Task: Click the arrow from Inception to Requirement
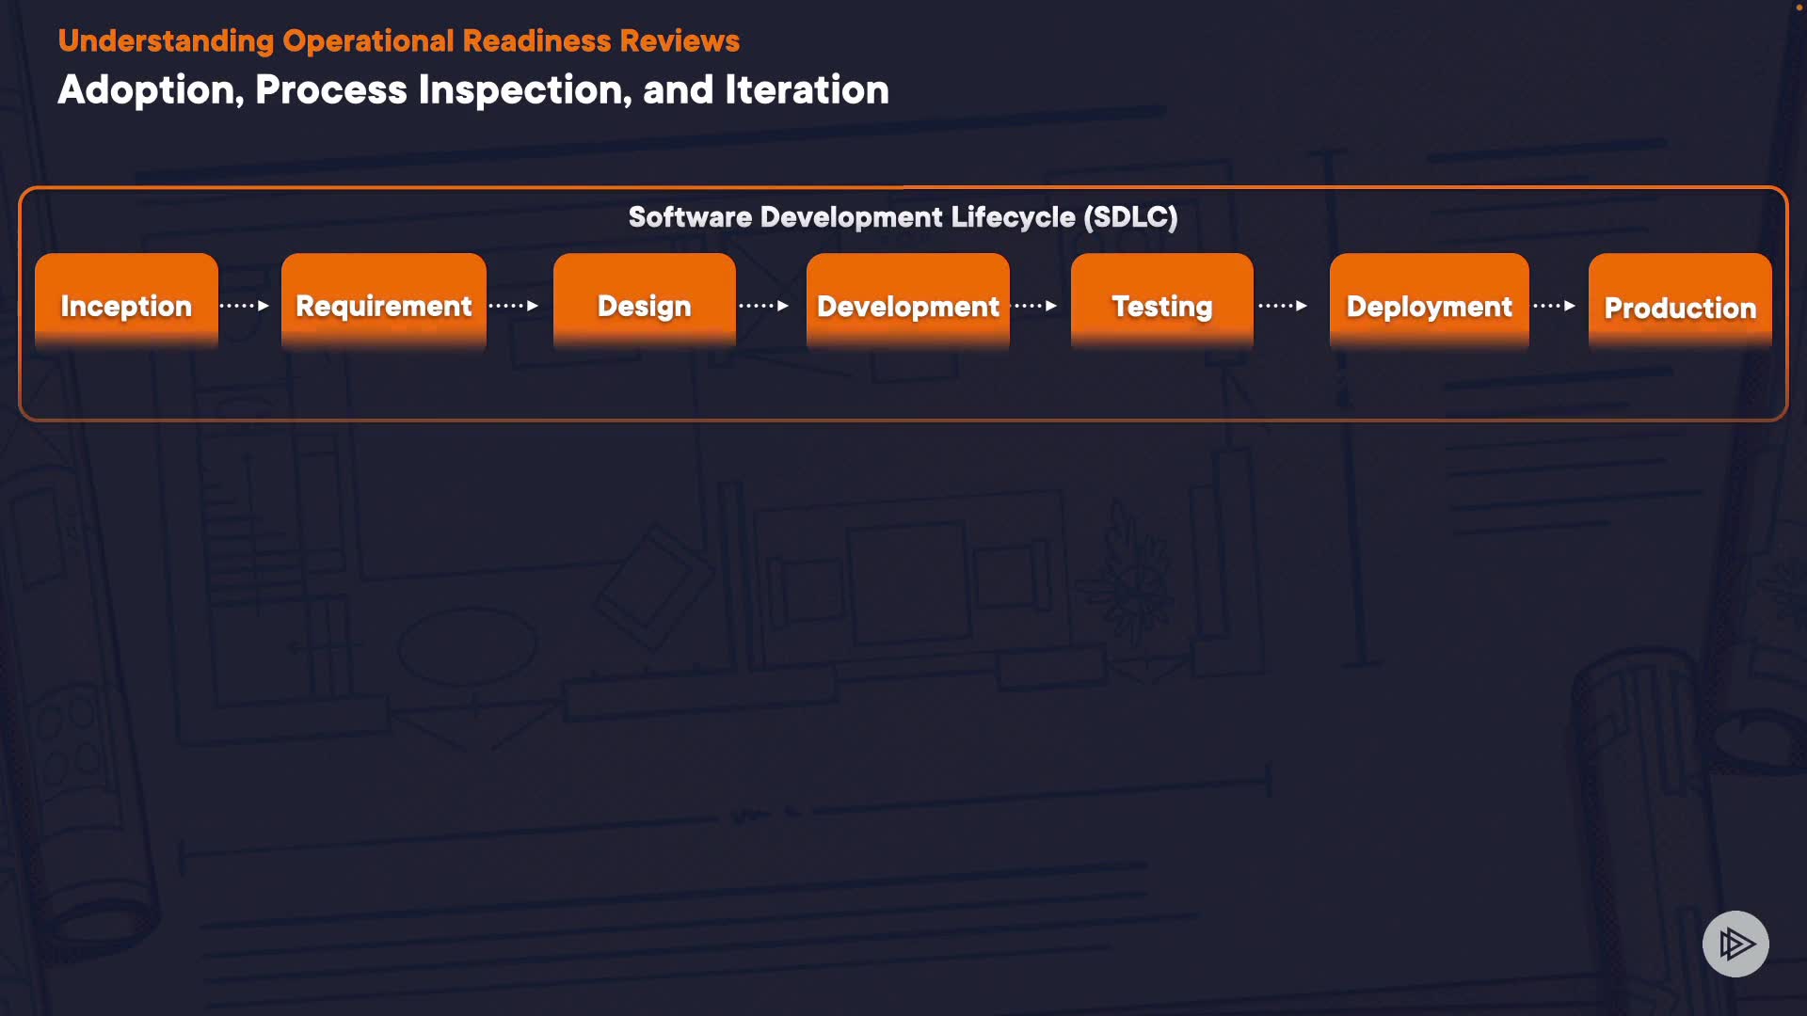[x=245, y=306]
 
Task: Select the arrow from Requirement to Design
[x=514, y=306]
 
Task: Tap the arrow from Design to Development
[x=764, y=306]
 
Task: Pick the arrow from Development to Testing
[x=1035, y=306]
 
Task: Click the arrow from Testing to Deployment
[x=1283, y=306]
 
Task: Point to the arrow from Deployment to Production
[x=1555, y=306]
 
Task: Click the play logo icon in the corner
[x=1735, y=944]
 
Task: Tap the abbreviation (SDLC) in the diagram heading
[x=1130, y=217]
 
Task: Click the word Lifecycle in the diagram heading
[x=1013, y=217]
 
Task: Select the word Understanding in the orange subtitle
[x=166, y=41]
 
